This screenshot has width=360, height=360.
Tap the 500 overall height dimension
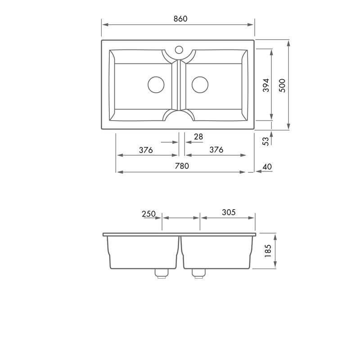coord(282,85)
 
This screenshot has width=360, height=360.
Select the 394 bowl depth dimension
coord(265,85)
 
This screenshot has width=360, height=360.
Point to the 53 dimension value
coord(265,140)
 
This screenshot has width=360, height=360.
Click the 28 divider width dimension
coord(198,136)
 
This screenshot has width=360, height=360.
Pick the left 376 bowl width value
coord(146,150)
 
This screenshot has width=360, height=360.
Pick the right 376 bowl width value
coord(216,150)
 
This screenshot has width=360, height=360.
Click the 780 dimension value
coord(181,166)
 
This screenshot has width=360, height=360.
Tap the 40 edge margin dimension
coord(266,167)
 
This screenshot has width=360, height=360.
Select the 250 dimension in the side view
coord(148,214)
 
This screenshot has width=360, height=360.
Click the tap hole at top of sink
coord(179,49)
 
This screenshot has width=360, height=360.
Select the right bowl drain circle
coord(200,85)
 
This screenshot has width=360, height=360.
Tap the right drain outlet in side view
coord(198,273)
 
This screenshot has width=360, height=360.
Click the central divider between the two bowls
coord(179,85)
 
